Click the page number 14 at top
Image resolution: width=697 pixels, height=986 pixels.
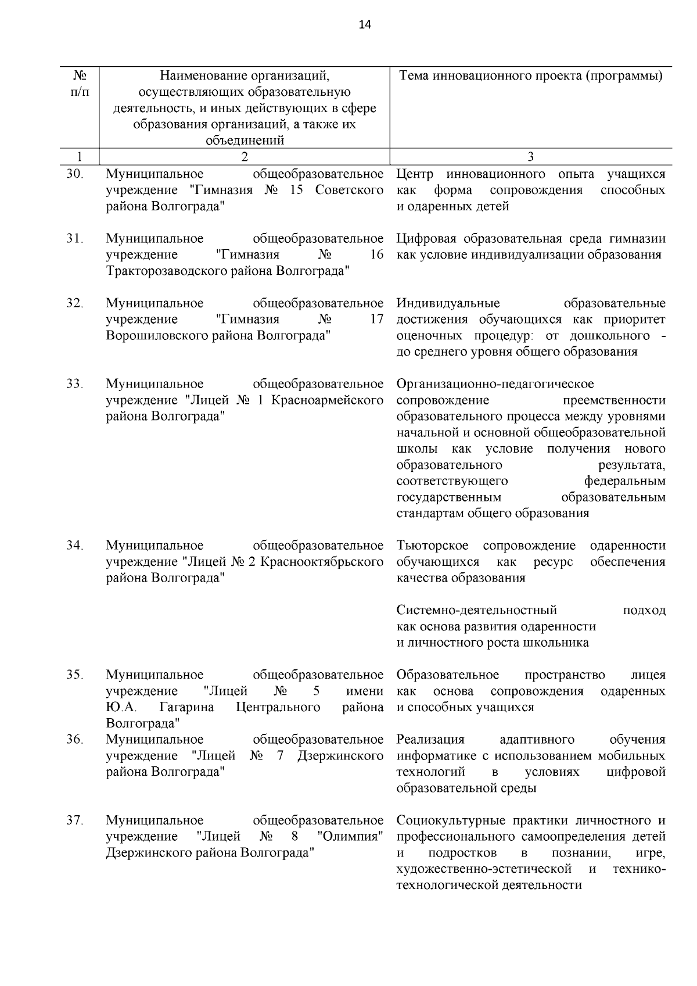pos(365,24)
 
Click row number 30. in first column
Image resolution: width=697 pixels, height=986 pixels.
pos(75,174)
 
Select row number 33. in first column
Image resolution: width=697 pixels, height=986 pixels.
pos(75,383)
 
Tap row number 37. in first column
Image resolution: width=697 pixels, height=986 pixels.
pos(75,820)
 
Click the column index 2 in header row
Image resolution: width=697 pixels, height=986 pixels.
pos(244,156)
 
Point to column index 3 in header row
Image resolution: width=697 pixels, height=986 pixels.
pos(530,156)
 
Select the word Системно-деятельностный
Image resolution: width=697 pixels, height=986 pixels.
pos(476,610)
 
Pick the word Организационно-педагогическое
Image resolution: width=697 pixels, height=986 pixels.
pos(495,384)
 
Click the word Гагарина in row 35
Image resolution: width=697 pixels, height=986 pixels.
pos(186,707)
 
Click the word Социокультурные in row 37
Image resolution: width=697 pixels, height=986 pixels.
pos(452,820)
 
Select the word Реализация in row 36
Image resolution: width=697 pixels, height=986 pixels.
pos(430,740)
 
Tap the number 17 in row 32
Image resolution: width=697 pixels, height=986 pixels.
pos(376,319)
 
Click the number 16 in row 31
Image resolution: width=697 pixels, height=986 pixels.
pos(376,254)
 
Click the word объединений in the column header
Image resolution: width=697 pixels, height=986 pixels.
pos(244,140)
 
